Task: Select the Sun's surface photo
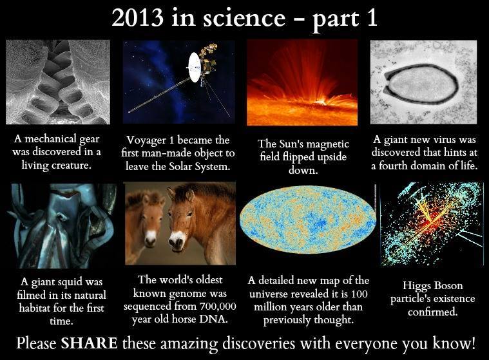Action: tap(302, 82)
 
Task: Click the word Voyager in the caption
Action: tap(147, 140)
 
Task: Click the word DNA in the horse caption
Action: tap(218, 319)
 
